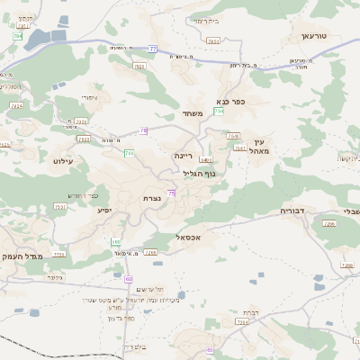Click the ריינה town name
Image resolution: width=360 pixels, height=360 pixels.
[184, 155]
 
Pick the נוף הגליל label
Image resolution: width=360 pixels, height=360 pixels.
[188, 174]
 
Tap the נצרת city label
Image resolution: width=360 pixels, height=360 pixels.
[151, 199]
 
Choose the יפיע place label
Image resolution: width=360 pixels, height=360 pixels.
[104, 210]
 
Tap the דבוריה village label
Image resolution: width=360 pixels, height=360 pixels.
[293, 211]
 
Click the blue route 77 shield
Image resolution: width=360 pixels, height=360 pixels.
[154, 49]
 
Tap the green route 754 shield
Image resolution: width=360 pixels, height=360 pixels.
[219, 112]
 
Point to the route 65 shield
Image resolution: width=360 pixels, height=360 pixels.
[210, 351]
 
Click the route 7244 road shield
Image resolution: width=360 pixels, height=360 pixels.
[16, 105]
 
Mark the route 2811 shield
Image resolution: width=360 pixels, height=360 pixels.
[213, 41]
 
